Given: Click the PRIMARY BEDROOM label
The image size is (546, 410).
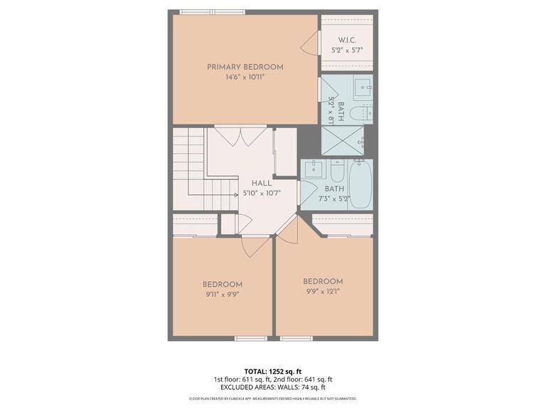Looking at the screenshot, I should pyautogui.click(x=245, y=67).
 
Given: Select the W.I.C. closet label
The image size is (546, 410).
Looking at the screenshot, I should pyautogui.click(x=347, y=40).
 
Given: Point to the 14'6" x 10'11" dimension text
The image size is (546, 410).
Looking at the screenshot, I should pyautogui.click(x=245, y=78).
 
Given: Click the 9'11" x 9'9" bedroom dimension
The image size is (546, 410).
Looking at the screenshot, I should pyautogui.click(x=223, y=295).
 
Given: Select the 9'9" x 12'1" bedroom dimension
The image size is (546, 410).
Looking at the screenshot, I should pyautogui.click(x=323, y=291).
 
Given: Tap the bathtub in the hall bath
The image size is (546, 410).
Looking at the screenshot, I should pyautogui.click(x=360, y=184).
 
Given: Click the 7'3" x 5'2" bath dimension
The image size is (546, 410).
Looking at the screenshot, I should pyautogui.click(x=334, y=199).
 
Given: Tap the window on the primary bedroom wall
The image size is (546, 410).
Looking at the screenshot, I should pyautogui.click(x=212, y=12).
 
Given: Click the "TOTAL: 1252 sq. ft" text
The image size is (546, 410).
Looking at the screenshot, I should pyautogui.click(x=273, y=371).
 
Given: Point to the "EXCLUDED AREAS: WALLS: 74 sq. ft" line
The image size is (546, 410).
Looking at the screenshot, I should pyautogui.click(x=273, y=388).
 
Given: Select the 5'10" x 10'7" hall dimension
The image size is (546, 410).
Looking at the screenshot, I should pyautogui.click(x=262, y=193).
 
